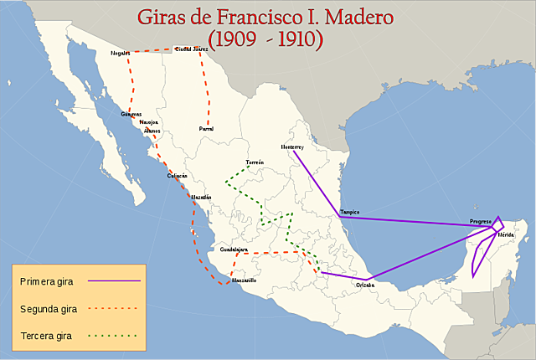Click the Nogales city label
121,53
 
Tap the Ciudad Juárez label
191,49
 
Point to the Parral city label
206,128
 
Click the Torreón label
255,162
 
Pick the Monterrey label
291,147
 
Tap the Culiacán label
178,176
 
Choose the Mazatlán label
202,197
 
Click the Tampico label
349,212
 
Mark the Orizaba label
365,285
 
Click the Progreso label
481,221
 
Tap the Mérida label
506,235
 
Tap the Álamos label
152,131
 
